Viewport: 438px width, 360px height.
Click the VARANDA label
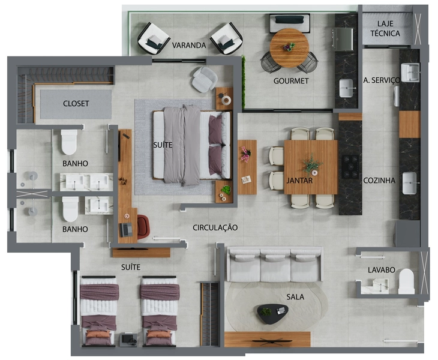[189, 45]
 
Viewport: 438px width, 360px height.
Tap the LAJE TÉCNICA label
[385, 28]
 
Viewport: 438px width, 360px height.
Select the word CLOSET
[76, 104]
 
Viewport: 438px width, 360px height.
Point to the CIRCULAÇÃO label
[215, 227]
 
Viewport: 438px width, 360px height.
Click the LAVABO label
[381, 270]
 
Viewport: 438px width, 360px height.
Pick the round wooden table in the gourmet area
[289, 48]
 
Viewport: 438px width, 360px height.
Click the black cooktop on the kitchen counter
[350, 167]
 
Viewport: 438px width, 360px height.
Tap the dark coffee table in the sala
[272, 314]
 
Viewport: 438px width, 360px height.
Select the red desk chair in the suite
[143, 227]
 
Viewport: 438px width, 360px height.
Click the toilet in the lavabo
[406, 281]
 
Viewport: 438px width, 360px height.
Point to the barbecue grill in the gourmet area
[343, 39]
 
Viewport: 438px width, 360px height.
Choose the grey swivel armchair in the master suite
[205, 79]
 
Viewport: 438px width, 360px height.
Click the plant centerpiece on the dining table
[312, 165]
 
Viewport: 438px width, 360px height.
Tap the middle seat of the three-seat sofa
[275, 265]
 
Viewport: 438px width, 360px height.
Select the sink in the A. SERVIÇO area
[410, 73]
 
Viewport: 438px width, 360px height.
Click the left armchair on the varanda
[153, 38]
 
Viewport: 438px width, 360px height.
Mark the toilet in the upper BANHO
[69, 142]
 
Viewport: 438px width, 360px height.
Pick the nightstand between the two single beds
[128, 340]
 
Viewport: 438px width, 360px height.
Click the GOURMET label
[291, 81]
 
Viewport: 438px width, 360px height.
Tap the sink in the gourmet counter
[346, 88]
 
